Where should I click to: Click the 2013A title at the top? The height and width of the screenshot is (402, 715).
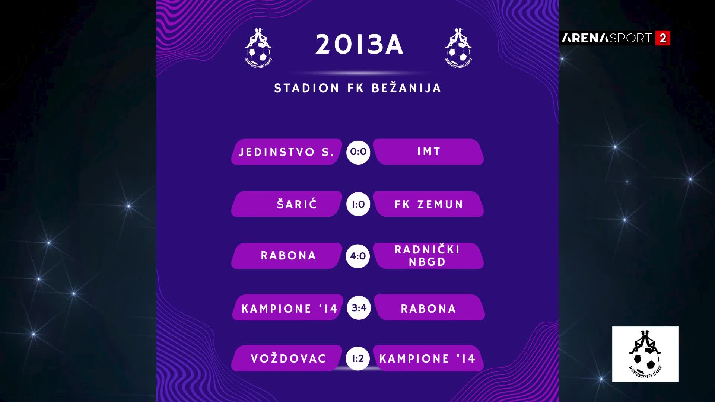point(359,45)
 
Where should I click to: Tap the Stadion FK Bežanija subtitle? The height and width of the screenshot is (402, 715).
point(358,88)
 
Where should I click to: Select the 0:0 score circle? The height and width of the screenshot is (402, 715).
point(358,152)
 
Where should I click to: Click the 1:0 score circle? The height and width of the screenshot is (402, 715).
point(358,204)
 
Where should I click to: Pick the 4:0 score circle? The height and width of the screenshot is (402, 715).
point(358,256)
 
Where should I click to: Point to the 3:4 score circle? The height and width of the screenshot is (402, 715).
point(359,308)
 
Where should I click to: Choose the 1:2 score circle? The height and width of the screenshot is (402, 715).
point(358,358)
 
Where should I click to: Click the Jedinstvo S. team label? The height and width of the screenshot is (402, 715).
point(286,152)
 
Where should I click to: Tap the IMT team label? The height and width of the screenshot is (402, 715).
point(429,151)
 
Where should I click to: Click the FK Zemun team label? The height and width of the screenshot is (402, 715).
point(429,204)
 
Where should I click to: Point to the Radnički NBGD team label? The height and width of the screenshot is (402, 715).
point(428,256)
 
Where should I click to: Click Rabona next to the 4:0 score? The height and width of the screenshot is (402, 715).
point(289,256)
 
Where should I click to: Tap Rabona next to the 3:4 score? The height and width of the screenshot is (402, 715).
point(429,309)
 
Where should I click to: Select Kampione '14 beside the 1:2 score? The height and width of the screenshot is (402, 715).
point(428,358)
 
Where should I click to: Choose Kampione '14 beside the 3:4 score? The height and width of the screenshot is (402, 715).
point(289,309)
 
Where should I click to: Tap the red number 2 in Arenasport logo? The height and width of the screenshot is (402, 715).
point(663,38)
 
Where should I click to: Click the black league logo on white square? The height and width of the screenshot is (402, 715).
point(645,354)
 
